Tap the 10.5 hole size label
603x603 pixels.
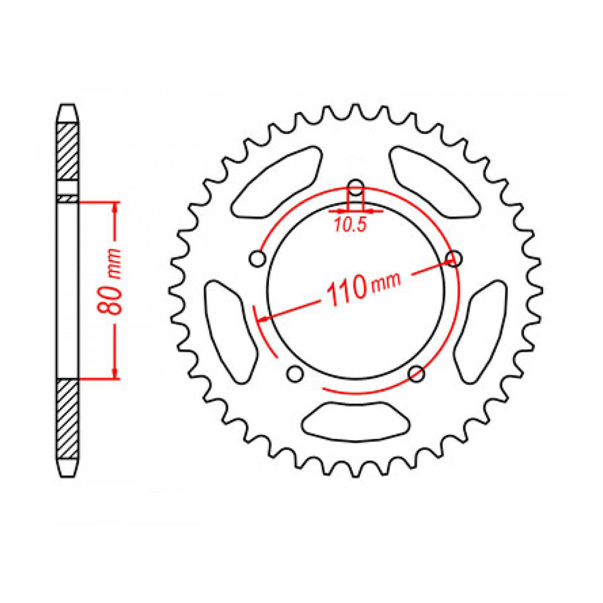350,226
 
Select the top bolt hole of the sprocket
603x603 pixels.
355,188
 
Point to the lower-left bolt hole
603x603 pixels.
295,373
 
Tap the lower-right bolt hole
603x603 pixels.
416,373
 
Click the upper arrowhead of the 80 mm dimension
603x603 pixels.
115,208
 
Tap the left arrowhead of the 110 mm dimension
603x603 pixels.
267,318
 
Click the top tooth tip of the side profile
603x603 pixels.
68,106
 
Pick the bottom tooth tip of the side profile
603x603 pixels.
68,475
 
